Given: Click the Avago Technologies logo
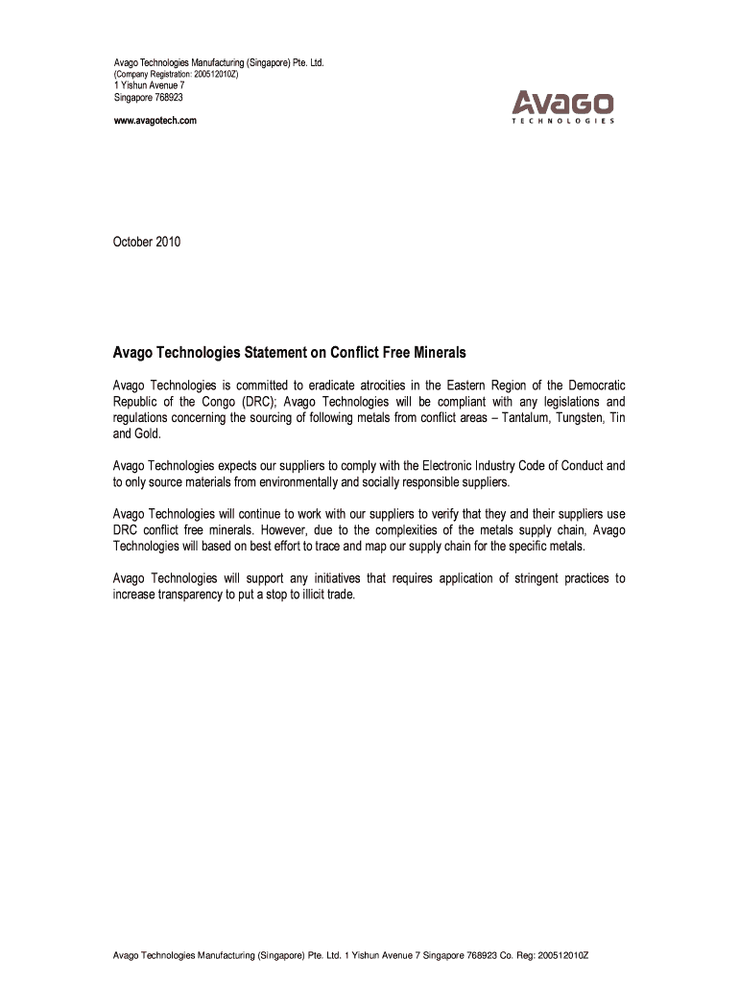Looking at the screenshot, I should pyautogui.click(x=562, y=106).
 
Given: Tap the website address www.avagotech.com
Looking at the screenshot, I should pyautogui.click(x=155, y=120).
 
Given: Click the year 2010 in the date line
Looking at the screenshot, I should pyautogui.click(x=167, y=242).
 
